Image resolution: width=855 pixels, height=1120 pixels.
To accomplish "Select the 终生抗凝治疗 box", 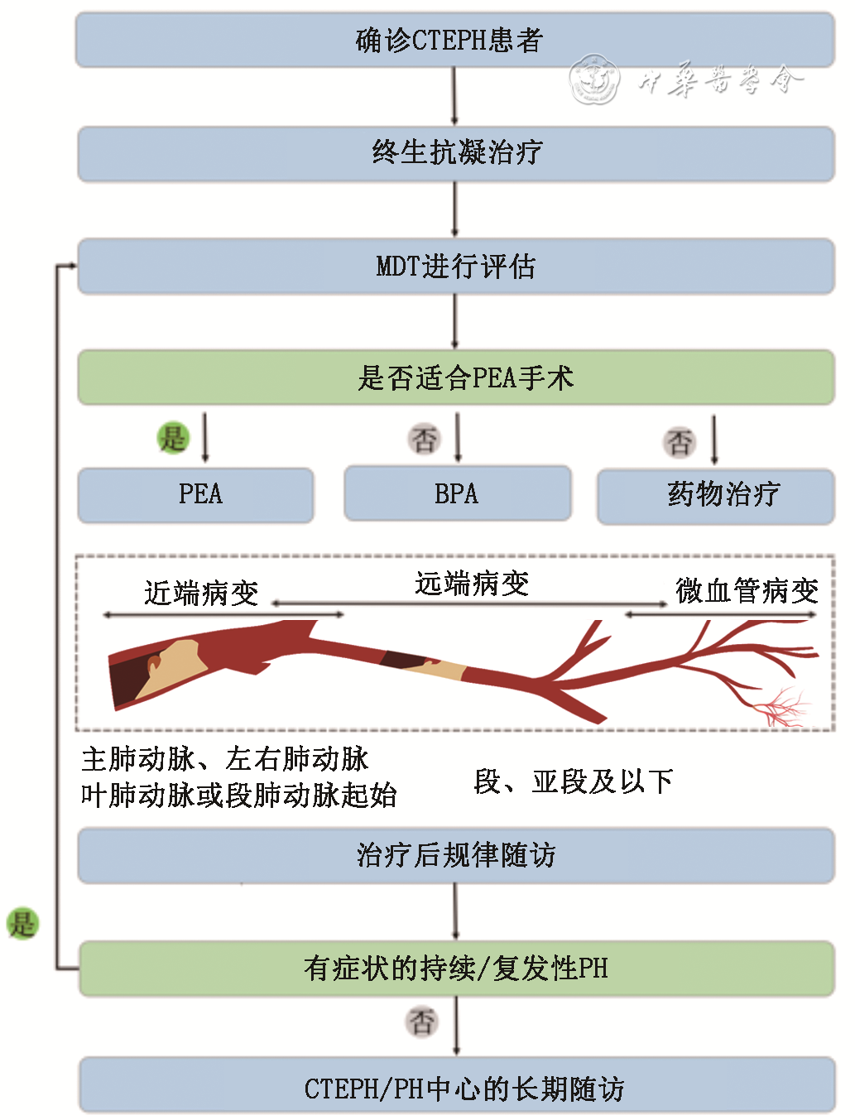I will coord(456,153).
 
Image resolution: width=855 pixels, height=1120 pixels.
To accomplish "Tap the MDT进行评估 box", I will coord(456,267).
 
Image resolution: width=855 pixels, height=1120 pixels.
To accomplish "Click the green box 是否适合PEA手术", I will coord(456,377).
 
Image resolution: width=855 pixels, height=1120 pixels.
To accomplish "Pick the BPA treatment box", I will coord(458,494).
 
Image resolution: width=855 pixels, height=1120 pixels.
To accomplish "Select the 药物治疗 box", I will coord(716,496).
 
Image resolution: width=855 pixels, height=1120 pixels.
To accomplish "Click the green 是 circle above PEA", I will coord(174,438).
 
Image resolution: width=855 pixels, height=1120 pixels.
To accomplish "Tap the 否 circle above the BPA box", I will coord(425,439).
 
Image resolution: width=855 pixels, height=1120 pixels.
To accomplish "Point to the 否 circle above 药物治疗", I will coord(680,442).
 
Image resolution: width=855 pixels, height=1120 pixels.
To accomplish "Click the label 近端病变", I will coord(201,593).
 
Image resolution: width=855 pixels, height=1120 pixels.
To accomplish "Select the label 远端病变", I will coord(472,584).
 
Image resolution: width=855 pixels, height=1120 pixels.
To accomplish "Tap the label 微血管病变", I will coord(747,591).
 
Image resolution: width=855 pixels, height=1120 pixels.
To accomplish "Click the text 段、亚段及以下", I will coord(574,781).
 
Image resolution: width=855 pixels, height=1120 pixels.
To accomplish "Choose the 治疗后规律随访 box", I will coord(456,855).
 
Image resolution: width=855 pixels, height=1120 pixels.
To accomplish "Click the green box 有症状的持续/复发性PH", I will coord(456,968).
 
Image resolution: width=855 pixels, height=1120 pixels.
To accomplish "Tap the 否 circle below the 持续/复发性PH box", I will coord(422,1021).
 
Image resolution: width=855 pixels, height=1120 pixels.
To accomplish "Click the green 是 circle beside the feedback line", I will coord(22,922).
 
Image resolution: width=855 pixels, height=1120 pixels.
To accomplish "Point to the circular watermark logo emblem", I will coord(594,79).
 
